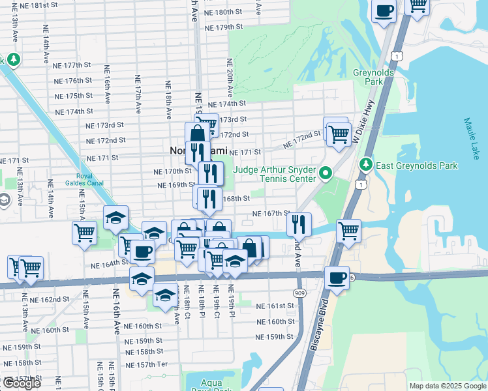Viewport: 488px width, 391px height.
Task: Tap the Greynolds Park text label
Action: (373, 78)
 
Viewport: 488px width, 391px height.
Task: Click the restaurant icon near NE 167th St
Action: (299, 224)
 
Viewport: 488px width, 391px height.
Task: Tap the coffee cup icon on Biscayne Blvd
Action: (337, 278)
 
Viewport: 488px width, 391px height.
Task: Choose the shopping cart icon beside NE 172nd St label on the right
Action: (338, 134)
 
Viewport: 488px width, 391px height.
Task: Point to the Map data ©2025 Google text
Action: (448, 386)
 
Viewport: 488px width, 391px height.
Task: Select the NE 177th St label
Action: (72, 65)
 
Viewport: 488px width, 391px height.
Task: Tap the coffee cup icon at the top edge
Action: (384, 11)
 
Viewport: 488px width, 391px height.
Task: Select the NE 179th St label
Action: (223, 27)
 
